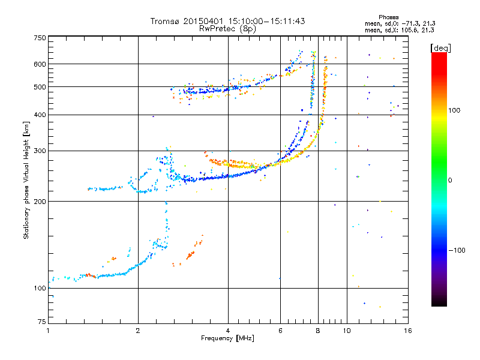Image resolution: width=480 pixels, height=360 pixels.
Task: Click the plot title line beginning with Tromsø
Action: tap(228, 21)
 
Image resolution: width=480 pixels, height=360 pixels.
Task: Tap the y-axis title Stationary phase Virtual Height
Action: tap(26, 187)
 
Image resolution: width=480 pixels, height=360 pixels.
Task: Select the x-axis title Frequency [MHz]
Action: tap(228, 339)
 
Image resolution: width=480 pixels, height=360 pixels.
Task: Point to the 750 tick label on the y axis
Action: tap(39, 38)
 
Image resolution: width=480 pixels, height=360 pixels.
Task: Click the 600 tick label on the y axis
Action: tap(39, 64)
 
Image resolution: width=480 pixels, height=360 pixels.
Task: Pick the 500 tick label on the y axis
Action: tap(39, 87)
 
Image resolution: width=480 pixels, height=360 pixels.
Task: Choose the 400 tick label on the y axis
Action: tap(39, 115)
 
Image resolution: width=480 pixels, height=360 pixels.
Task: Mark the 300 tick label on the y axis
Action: tap(39, 151)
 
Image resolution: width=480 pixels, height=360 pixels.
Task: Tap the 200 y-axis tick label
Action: tap(39, 202)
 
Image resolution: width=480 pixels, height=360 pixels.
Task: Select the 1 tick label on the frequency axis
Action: tap(48, 331)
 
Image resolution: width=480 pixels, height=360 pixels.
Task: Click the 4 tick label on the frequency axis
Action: tap(228, 331)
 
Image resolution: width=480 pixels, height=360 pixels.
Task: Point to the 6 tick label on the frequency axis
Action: tap(280, 331)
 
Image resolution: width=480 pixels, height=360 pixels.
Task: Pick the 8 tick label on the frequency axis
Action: tap(318, 331)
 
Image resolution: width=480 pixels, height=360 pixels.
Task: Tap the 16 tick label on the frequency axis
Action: tap(408, 331)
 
